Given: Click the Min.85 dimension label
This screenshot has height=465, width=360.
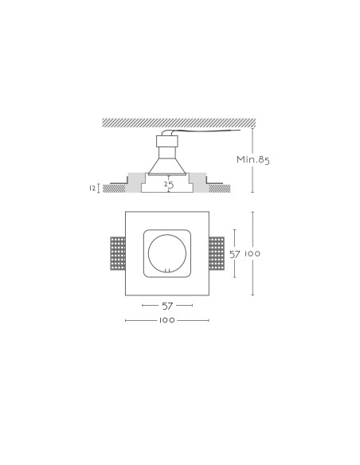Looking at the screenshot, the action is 253,159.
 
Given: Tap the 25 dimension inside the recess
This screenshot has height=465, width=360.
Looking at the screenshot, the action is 169,185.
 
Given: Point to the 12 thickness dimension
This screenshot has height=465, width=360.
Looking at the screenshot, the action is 92,188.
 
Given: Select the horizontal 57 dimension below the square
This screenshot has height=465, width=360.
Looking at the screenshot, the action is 167,306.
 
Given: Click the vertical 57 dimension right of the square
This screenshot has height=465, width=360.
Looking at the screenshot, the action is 235,254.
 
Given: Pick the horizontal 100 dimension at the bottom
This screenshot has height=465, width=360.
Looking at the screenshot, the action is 167,320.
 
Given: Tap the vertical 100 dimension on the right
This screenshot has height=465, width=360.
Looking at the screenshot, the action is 252,253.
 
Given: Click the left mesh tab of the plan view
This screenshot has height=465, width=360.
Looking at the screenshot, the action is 118,253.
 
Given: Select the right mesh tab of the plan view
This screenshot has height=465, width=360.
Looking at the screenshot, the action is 217,253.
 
